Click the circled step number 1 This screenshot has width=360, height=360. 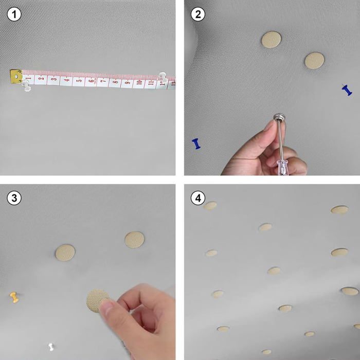pyautogui.click(x=14, y=14)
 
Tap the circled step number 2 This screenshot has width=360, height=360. pyautogui.click(x=198, y=14)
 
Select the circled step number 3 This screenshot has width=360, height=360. pyautogui.click(x=14, y=198)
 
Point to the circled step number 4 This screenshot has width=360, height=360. pyautogui.click(x=198, y=198)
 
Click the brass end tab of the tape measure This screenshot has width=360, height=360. pyautogui.click(x=16, y=76)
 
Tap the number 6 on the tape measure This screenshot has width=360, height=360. pyautogui.click(x=92, y=81)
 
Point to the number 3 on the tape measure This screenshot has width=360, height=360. pyautogui.click(x=54, y=79)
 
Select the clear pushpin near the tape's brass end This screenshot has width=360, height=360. pyautogui.click(x=26, y=85)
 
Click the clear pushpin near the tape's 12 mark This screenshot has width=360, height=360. pyautogui.click(x=163, y=77)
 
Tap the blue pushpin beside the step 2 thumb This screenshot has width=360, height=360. pyautogui.click(x=196, y=143)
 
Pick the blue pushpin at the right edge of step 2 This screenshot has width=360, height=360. pyautogui.click(x=347, y=90)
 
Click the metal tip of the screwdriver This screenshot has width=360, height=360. pyautogui.click(x=279, y=117)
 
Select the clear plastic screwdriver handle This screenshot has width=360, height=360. pyautogui.click(x=283, y=167)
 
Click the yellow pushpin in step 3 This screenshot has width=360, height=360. pyautogui.click(x=14, y=297)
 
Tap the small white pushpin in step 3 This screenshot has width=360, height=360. pyautogui.click(x=51, y=347)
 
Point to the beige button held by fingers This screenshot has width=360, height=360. pyautogui.click(x=97, y=301)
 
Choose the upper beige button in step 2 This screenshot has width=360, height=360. pyautogui.click(x=272, y=40)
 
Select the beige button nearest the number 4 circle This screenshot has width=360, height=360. pyautogui.click(x=210, y=206)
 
